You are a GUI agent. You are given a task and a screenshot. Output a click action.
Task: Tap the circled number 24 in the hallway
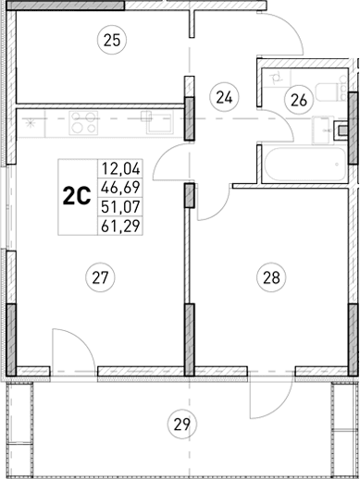(223, 94)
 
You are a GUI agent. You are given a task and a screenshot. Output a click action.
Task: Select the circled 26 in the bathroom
(297, 99)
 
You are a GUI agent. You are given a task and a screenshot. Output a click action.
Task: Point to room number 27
(100, 275)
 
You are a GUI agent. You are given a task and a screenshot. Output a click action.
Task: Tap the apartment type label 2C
(76, 195)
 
